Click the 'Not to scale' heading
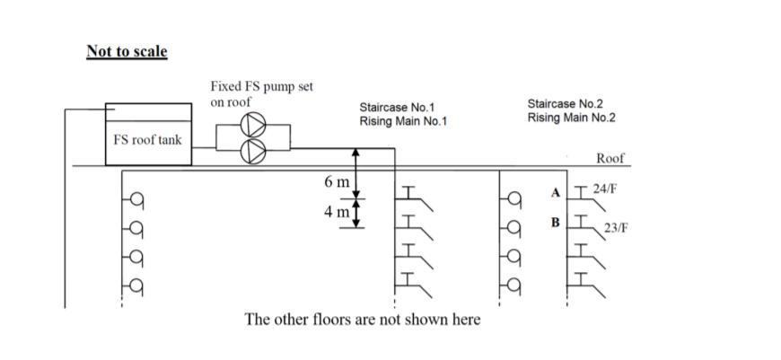coord(127,51)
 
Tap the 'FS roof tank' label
coord(148,139)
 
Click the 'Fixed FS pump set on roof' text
coord(261,94)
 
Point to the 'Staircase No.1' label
coord(398,107)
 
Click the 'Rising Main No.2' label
coord(571,118)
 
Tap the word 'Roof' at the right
coord(610,159)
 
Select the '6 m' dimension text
coord(338,182)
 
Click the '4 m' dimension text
coord(338,213)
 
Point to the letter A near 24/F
coord(557,192)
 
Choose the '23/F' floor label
coord(616,227)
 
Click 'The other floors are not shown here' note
coord(362,320)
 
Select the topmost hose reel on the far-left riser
coord(136,199)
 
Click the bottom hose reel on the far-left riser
coord(136,286)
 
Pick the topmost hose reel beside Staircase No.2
coord(514,199)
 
